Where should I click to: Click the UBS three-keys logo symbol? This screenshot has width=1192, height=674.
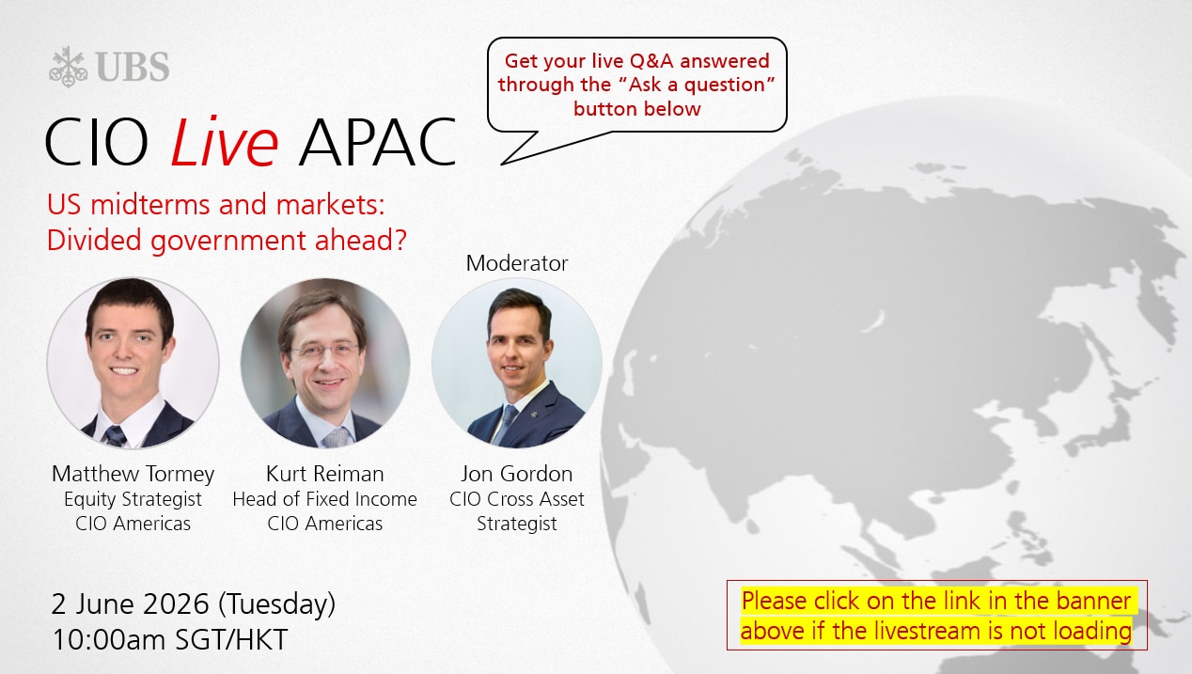[68, 67]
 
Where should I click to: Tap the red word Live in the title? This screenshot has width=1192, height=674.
[224, 142]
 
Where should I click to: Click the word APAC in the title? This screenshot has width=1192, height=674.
[378, 143]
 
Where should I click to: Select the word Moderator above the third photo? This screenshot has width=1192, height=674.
[517, 263]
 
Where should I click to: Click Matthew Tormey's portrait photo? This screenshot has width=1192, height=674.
[133, 362]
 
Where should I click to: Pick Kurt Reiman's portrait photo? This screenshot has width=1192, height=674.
[325, 362]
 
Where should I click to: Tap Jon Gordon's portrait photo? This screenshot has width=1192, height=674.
[517, 362]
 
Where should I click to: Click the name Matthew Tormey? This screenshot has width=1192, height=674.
[133, 474]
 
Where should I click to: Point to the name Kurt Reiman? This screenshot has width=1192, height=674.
[324, 474]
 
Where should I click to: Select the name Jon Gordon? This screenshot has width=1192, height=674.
[517, 474]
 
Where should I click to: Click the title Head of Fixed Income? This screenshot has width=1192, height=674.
[324, 499]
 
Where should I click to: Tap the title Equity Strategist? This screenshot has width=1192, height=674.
[133, 499]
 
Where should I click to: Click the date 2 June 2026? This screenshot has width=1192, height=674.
[131, 603]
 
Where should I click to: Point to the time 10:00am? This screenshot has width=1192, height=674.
[109, 639]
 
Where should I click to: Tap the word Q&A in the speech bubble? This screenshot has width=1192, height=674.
[651, 61]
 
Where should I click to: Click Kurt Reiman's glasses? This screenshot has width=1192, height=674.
[325, 350]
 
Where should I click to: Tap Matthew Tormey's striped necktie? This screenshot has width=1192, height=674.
[115, 436]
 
